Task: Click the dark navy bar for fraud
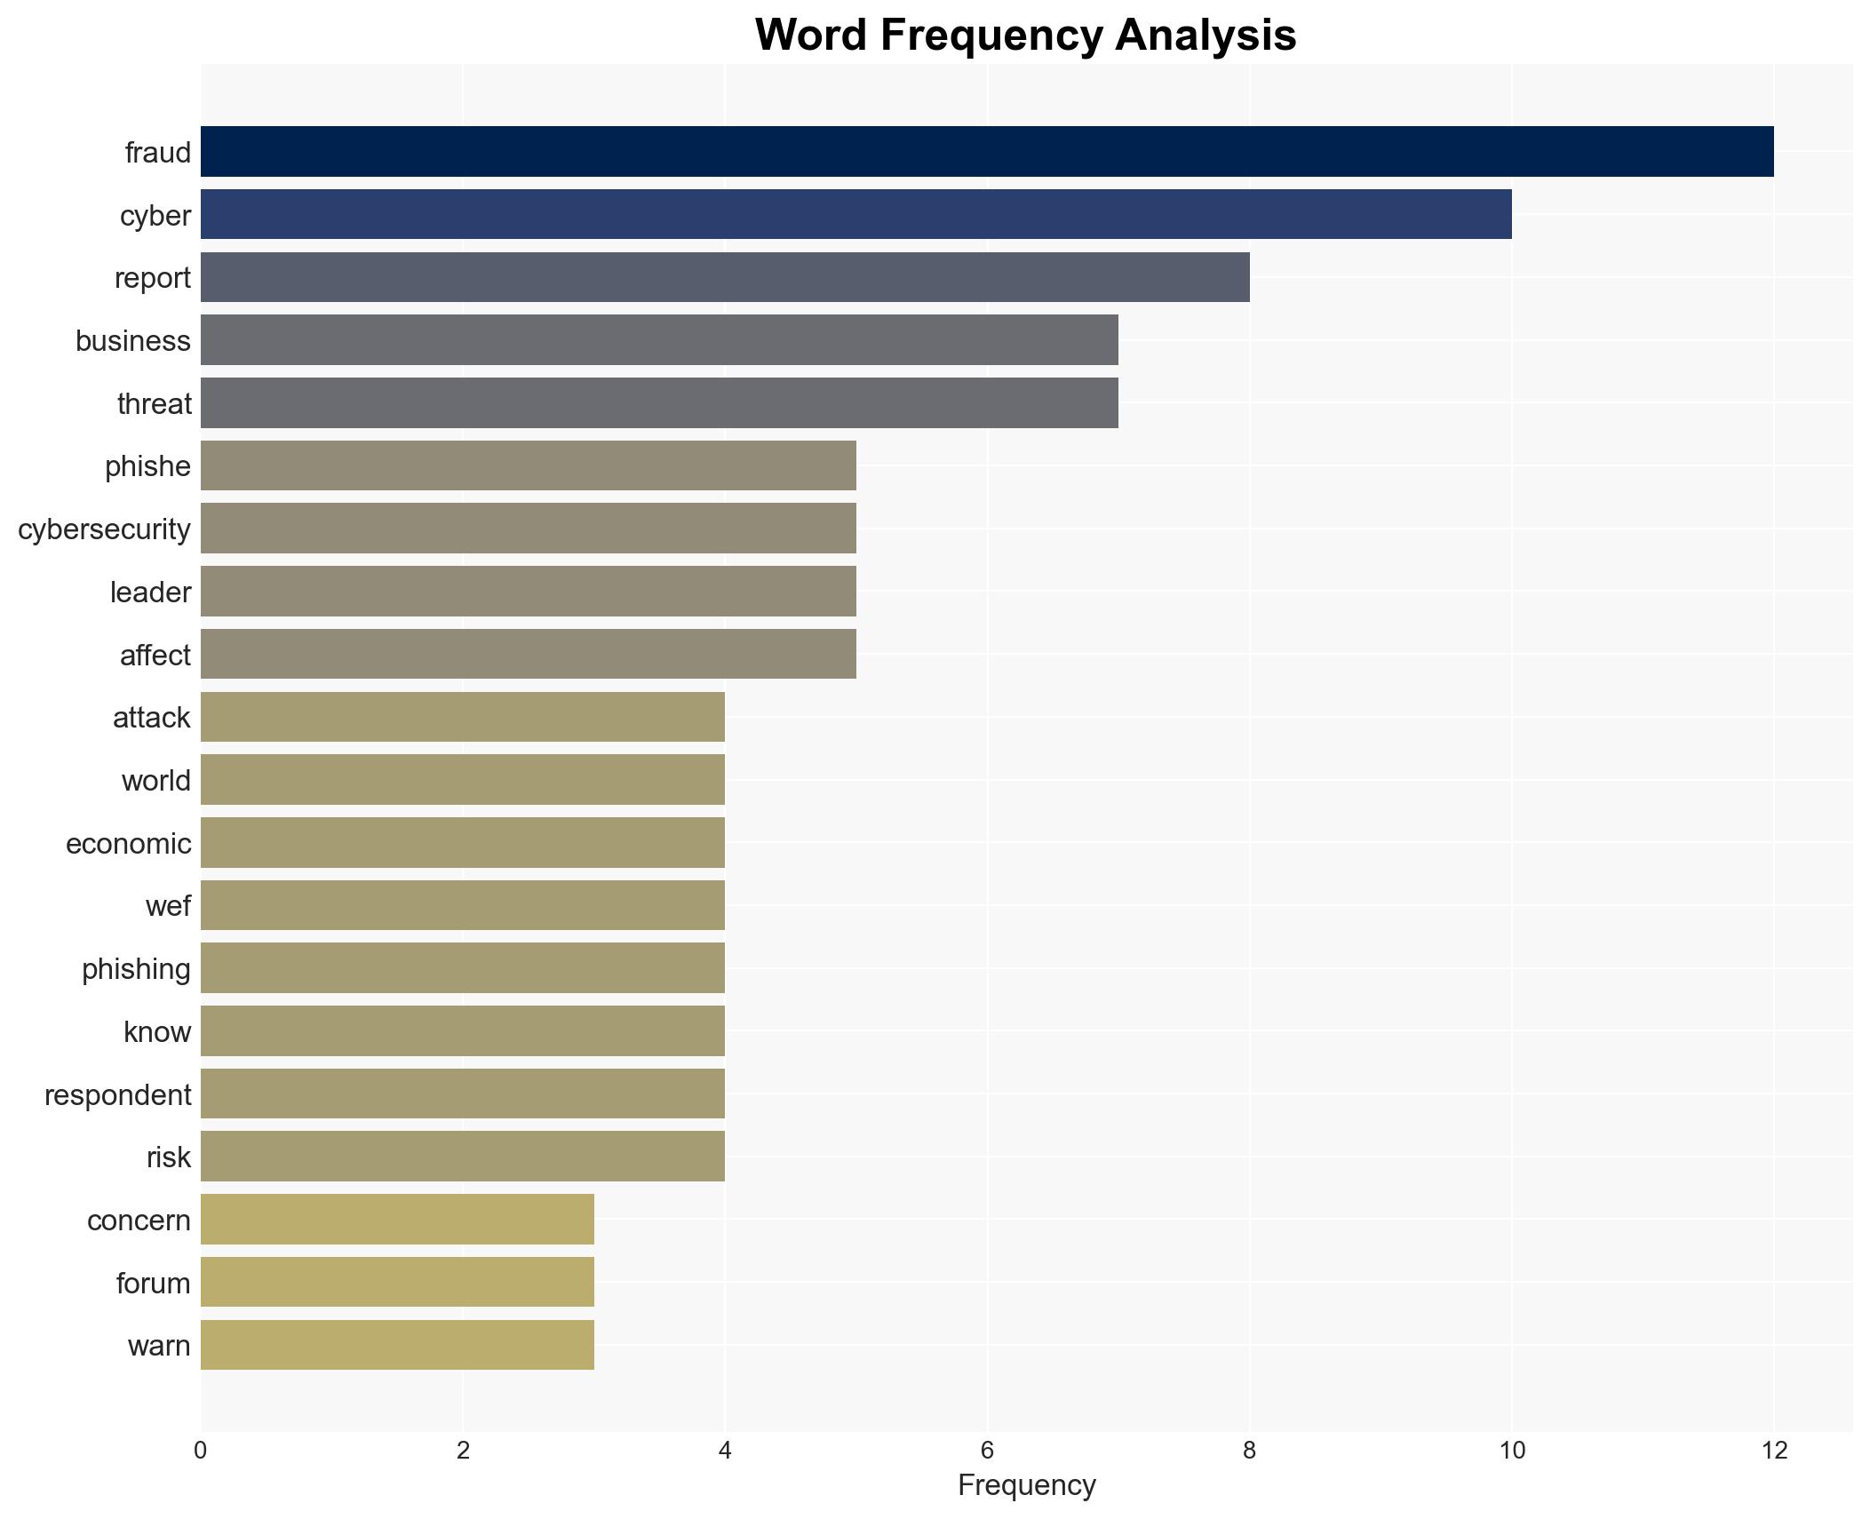click(x=986, y=152)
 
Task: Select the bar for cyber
click(x=855, y=214)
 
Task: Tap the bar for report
click(x=725, y=277)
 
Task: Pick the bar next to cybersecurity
click(x=528, y=529)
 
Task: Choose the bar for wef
click(x=462, y=905)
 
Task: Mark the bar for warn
click(x=397, y=1345)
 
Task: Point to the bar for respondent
click(x=462, y=1094)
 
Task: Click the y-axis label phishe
click(x=147, y=466)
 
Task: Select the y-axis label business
click(x=132, y=341)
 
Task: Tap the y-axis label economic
click(x=128, y=843)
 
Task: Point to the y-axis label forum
click(x=153, y=1283)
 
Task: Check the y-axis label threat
click(x=154, y=403)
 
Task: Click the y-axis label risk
click(x=168, y=1157)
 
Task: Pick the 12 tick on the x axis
click(x=1774, y=1451)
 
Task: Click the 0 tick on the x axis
click(x=201, y=1451)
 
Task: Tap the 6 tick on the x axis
click(x=987, y=1451)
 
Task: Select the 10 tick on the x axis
click(x=1511, y=1451)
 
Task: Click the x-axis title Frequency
click(x=1026, y=1485)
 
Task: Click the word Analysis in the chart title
click(x=1206, y=36)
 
